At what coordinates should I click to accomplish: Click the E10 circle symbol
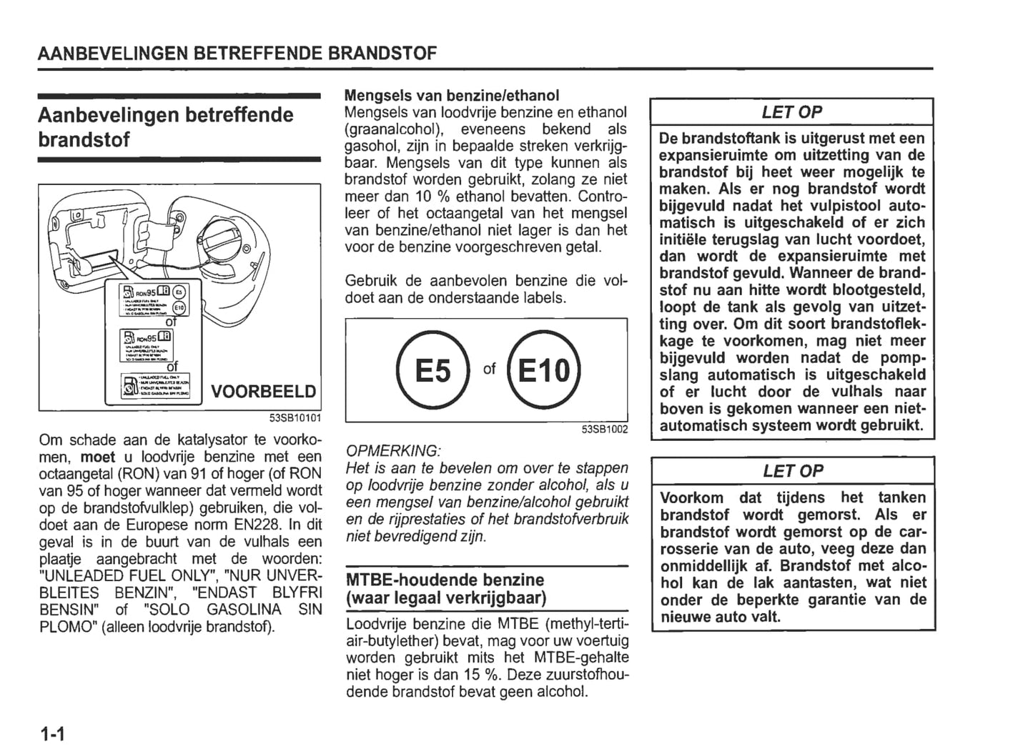coord(543,369)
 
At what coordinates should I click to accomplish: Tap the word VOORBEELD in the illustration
coord(264,392)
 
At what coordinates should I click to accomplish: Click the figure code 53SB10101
coord(295,419)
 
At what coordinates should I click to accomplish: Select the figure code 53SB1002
coord(604,429)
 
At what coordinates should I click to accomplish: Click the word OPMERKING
coord(392,451)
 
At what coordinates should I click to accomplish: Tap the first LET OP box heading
coord(791,112)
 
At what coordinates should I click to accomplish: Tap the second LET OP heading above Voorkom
coord(793,471)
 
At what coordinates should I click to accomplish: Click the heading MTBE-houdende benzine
coord(445,580)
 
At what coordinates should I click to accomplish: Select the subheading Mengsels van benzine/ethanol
coord(452,95)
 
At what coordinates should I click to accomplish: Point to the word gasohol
coord(372,147)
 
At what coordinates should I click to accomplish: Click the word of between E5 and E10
coord(489,369)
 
